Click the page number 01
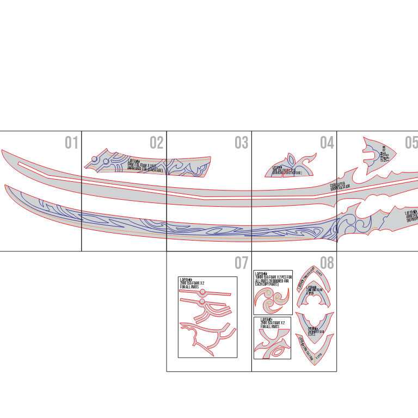[x=71, y=143]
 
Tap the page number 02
[x=156, y=143]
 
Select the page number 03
[x=241, y=143]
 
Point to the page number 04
[x=327, y=143]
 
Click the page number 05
[x=411, y=143]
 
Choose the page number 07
[x=241, y=263]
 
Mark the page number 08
[x=327, y=263]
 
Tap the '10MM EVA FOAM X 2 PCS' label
[x=273, y=280]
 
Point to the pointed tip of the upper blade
[x=2, y=151]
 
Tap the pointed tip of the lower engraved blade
[x=6, y=186]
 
